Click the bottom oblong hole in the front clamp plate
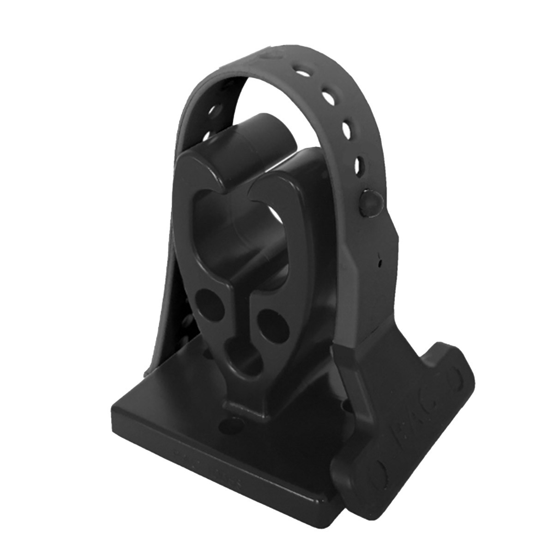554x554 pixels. tap(242, 364)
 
